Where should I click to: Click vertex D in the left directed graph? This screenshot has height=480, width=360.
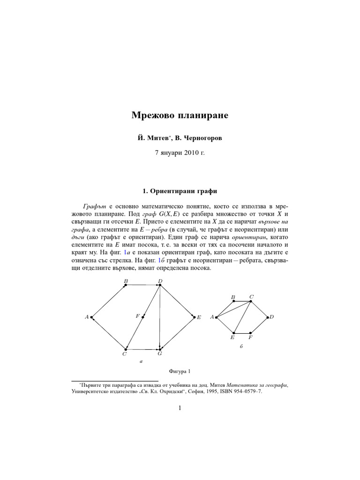pyautogui.click(x=160, y=285)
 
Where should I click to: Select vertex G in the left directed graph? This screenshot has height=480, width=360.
pyautogui.click(x=160, y=349)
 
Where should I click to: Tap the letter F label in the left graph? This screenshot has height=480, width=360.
pyautogui.click(x=138, y=316)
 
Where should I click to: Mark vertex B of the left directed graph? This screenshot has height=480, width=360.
pyautogui.click(x=126, y=285)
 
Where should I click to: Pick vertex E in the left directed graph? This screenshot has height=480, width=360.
pyautogui.click(x=194, y=317)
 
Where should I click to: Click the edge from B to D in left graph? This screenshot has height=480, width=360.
pyautogui.click(x=142, y=285)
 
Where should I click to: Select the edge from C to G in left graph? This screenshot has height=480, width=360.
pyautogui.click(x=142, y=349)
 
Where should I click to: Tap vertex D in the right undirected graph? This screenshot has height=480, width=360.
pyautogui.click(x=268, y=317)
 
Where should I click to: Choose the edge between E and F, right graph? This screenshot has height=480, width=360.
pyautogui.click(x=242, y=333)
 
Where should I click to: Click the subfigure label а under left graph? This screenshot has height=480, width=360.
pyautogui.click(x=141, y=362)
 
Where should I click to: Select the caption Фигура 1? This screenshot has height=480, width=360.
pyautogui.click(x=180, y=372)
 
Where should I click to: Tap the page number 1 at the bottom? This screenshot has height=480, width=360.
pyautogui.click(x=180, y=408)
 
